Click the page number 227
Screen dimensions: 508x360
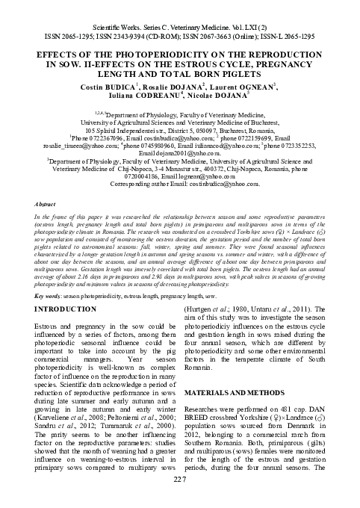coord(179,499)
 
